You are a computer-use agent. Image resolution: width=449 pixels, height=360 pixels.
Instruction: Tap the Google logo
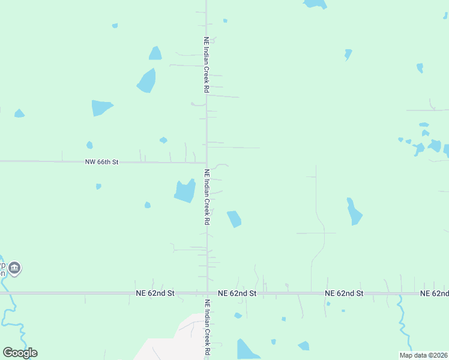pyautogui.click(x=20, y=353)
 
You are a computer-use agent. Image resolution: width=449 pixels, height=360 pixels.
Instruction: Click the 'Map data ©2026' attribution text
pyautogui.click(x=423, y=355)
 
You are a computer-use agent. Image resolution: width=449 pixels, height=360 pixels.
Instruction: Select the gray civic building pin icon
pyautogui.click(x=15, y=268)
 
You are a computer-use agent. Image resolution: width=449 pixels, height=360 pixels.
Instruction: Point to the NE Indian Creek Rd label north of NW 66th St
pyautogui.click(x=206, y=65)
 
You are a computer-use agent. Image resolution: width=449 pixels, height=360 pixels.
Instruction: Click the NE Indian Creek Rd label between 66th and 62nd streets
pyautogui.click(x=207, y=197)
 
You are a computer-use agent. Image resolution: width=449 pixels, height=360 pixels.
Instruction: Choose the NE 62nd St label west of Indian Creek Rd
pyautogui.click(x=154, y=293)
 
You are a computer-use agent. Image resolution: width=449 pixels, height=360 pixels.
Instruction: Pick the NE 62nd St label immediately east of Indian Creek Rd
pyautogui.click(x=237, y=293)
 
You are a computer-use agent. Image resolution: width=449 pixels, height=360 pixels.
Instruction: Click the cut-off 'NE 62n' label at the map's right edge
pyautogui.click(x=434, y=293)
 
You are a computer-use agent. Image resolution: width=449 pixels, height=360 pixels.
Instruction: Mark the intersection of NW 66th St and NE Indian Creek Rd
pyautogui.click(x=206, y=162)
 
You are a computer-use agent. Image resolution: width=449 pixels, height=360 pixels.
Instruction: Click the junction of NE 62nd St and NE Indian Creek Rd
pyautogui.click(x=207, y=293)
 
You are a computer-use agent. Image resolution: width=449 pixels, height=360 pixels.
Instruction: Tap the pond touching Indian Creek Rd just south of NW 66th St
pyautogui.click(x=185, y=191)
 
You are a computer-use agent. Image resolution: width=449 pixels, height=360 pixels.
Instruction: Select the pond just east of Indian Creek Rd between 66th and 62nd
pyautogui.click(x=234, y=219)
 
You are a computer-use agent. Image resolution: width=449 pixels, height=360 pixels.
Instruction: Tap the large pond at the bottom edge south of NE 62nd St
pyautogui.click(x=247, y=349)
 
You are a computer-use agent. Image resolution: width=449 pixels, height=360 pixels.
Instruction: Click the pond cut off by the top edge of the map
pyautogui.click(x=315, y=4)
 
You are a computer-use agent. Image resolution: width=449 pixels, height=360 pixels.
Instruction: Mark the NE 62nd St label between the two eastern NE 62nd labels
pyautogui.click(x=345, y=293)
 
